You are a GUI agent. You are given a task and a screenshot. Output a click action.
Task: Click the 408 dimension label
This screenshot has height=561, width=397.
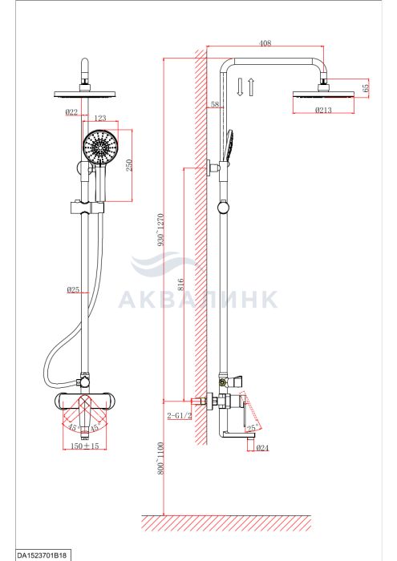(265, 43)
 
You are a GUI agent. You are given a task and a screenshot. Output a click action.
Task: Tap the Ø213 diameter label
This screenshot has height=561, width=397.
(323, 111)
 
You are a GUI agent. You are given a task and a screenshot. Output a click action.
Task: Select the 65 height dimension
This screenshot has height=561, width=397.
(366, 87)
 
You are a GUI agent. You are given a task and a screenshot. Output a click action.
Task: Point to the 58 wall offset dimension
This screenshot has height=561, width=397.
(215, 104)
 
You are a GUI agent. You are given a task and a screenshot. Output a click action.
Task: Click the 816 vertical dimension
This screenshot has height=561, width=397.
(180, 285)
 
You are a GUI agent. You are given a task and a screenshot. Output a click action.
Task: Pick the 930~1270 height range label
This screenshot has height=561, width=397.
(160, 229)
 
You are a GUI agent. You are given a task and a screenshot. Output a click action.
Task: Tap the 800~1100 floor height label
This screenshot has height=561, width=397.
(160, 458)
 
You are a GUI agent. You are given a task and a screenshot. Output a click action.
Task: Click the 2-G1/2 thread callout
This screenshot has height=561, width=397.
(180, 415)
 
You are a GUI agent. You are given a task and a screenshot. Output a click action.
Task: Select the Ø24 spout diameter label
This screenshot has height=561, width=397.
(263, 447)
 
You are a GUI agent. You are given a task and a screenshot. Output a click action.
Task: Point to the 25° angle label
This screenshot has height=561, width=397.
(252, 427)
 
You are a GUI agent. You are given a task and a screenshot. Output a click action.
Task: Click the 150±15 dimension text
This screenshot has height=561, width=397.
(84, 446)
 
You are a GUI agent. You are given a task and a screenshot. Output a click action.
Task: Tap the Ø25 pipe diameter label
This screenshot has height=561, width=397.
(73, 290)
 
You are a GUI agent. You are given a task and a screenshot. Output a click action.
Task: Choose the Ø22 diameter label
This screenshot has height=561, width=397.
(71, 112)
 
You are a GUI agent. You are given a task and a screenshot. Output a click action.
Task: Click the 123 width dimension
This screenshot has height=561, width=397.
(100, 118)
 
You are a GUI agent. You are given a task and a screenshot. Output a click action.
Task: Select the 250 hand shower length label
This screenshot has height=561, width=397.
(129, 165)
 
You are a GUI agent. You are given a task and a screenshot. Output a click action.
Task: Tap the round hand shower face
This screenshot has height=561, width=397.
(100, 147)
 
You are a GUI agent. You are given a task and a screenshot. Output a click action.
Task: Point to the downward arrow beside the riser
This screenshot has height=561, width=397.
(240, 87)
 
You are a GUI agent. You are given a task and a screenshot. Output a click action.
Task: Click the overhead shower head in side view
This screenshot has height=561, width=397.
(323, 94)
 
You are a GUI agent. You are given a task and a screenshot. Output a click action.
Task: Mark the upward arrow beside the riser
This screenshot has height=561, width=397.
(251, 87)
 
